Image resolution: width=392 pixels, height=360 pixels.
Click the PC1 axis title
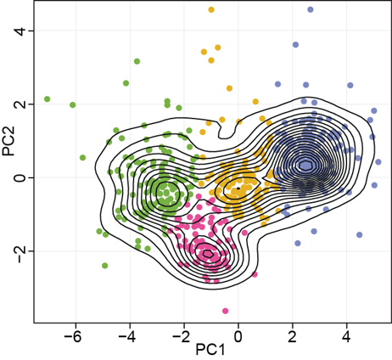210,351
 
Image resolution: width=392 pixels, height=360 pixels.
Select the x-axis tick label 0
238,337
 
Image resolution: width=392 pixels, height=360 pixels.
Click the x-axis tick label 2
293,337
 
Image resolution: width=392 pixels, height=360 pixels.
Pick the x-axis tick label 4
346,337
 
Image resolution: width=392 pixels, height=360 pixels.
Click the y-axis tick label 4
20,31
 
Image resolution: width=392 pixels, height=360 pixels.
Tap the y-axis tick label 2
20,104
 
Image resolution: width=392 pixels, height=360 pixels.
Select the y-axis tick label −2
20,251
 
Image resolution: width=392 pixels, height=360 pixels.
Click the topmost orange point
211,10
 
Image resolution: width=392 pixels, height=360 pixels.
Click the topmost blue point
311,9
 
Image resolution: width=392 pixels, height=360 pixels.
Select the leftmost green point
48,99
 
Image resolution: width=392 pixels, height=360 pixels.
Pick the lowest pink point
225,311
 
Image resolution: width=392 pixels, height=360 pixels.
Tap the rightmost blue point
378,162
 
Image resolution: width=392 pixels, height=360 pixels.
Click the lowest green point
104,266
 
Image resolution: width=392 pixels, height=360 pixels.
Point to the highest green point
137,61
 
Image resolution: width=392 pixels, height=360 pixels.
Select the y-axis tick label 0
20,177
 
